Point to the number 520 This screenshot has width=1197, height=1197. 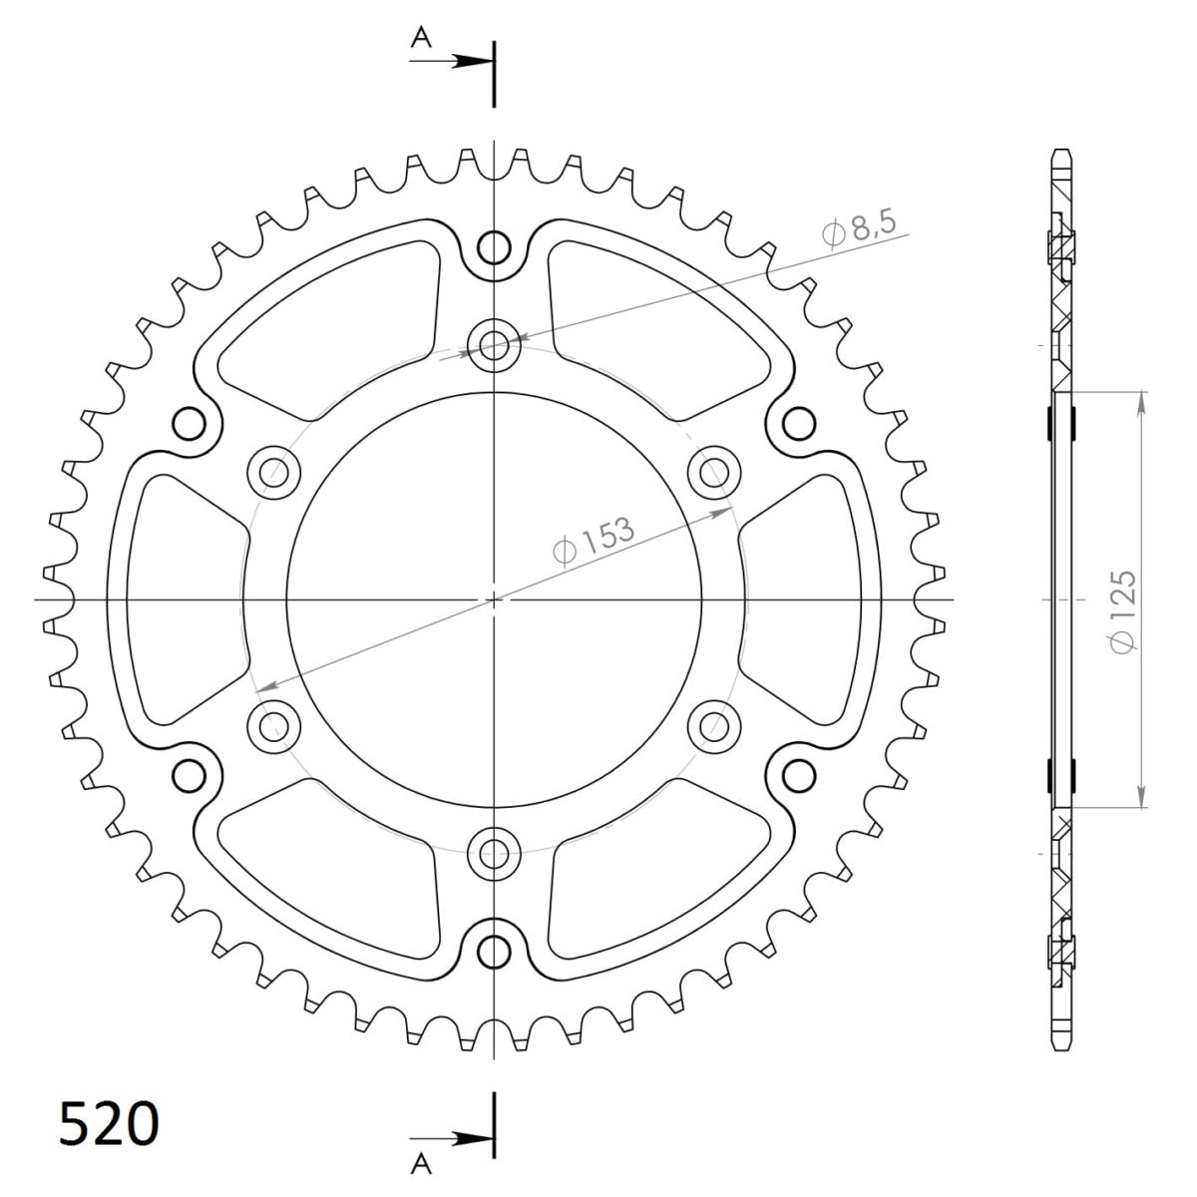(x=109, y=1125)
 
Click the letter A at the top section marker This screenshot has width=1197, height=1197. (x=422, y=38)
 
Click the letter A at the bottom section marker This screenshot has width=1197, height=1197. (x=422, y=1160)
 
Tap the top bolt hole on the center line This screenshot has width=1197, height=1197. (x=494, y=346)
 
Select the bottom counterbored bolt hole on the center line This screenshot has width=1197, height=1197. (x=494, y=853)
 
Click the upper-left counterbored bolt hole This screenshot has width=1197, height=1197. (x=274, y=471)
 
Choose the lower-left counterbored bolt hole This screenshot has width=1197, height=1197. (x=274, y=724)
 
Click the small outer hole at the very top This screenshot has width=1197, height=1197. (x=494, y=247)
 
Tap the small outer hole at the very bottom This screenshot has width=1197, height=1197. (x=494, y=949)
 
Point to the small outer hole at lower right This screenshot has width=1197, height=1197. (x=798, y=774)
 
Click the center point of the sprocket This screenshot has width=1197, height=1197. (x=494, y=599)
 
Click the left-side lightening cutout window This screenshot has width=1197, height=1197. (x=180, y=598)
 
